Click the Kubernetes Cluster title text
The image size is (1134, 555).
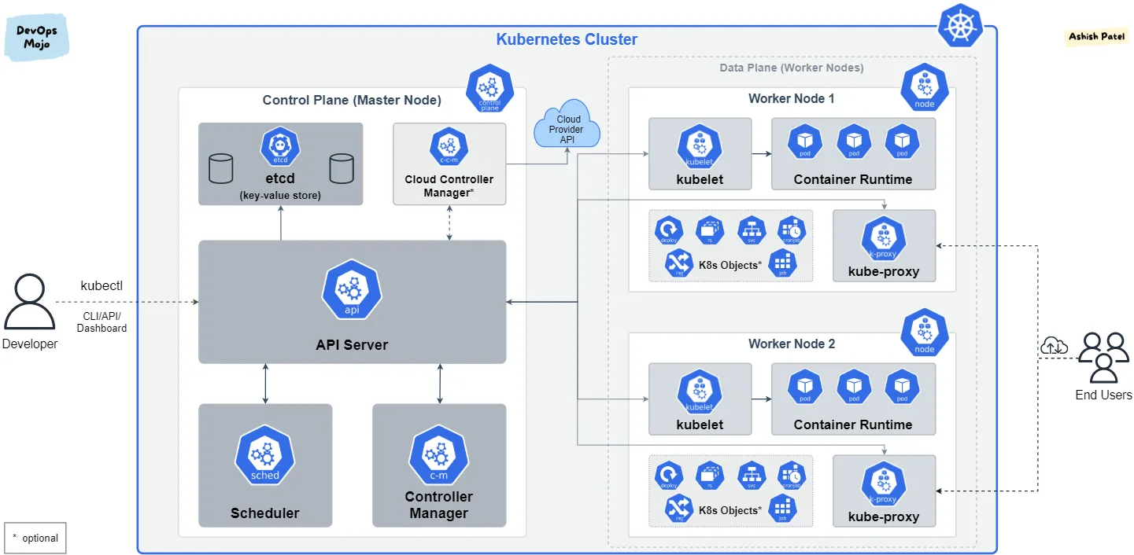567,39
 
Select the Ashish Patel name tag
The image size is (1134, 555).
1096,36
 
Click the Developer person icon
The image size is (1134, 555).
30,302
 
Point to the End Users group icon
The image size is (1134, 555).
1103,357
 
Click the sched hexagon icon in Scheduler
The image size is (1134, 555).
264,455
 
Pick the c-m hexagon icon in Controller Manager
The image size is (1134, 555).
438,455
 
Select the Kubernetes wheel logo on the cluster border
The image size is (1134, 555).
959,26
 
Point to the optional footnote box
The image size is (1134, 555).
35,538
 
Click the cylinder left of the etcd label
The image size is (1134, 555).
221,168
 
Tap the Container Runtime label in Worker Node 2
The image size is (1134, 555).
853,425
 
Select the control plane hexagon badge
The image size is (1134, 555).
489,90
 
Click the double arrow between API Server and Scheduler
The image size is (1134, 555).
265,384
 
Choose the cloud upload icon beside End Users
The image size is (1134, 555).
1054,345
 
